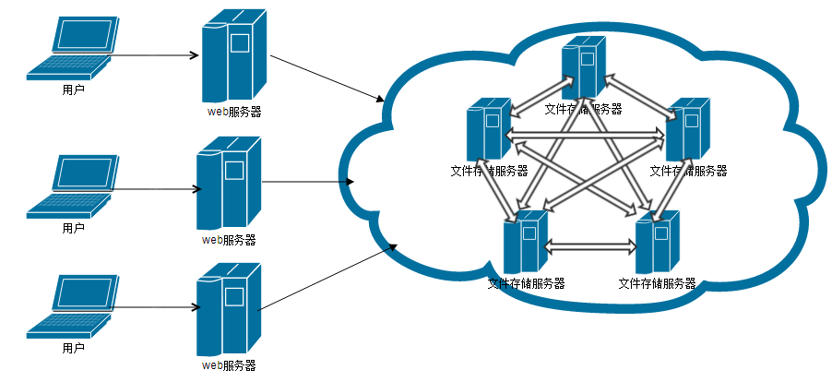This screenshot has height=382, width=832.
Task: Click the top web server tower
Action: click(233, 56)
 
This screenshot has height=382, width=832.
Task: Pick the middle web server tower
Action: click(228, 183)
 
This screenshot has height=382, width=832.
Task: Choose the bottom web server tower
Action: click(228, 309)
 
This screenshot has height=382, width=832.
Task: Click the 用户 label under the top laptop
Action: click(73, 90)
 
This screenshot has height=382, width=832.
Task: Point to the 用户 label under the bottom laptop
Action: click(73, 348)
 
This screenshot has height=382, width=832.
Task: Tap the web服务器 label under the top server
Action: click(233, 113)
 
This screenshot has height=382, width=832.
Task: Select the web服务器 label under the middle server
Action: click(229, 240)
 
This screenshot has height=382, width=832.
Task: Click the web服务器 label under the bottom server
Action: click(229, 365)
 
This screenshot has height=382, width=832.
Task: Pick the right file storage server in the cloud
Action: click(687, 130)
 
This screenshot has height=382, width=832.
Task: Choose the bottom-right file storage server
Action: click(659, 243)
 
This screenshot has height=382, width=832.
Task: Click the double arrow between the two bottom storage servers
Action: click(591, 248)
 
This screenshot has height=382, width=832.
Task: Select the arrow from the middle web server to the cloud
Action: click(308, 182)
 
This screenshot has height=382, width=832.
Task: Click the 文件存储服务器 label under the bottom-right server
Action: click(657, 283)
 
